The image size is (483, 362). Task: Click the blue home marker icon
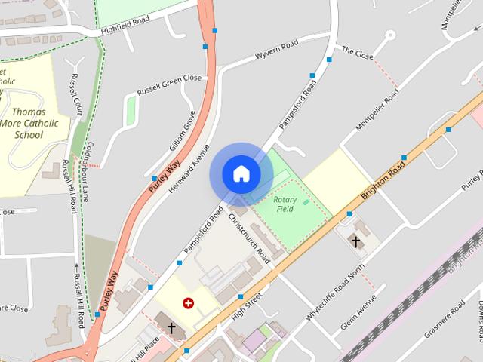click(x=241, y=174)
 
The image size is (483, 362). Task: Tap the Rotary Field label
click(x=285, y=204)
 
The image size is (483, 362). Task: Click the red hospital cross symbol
click(x=188, y=303)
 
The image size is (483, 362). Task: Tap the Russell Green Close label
click(x=170, y=84)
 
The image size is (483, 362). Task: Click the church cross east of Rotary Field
click(x=355, y=241)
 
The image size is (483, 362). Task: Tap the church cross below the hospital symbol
click(x=171, y=328)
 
